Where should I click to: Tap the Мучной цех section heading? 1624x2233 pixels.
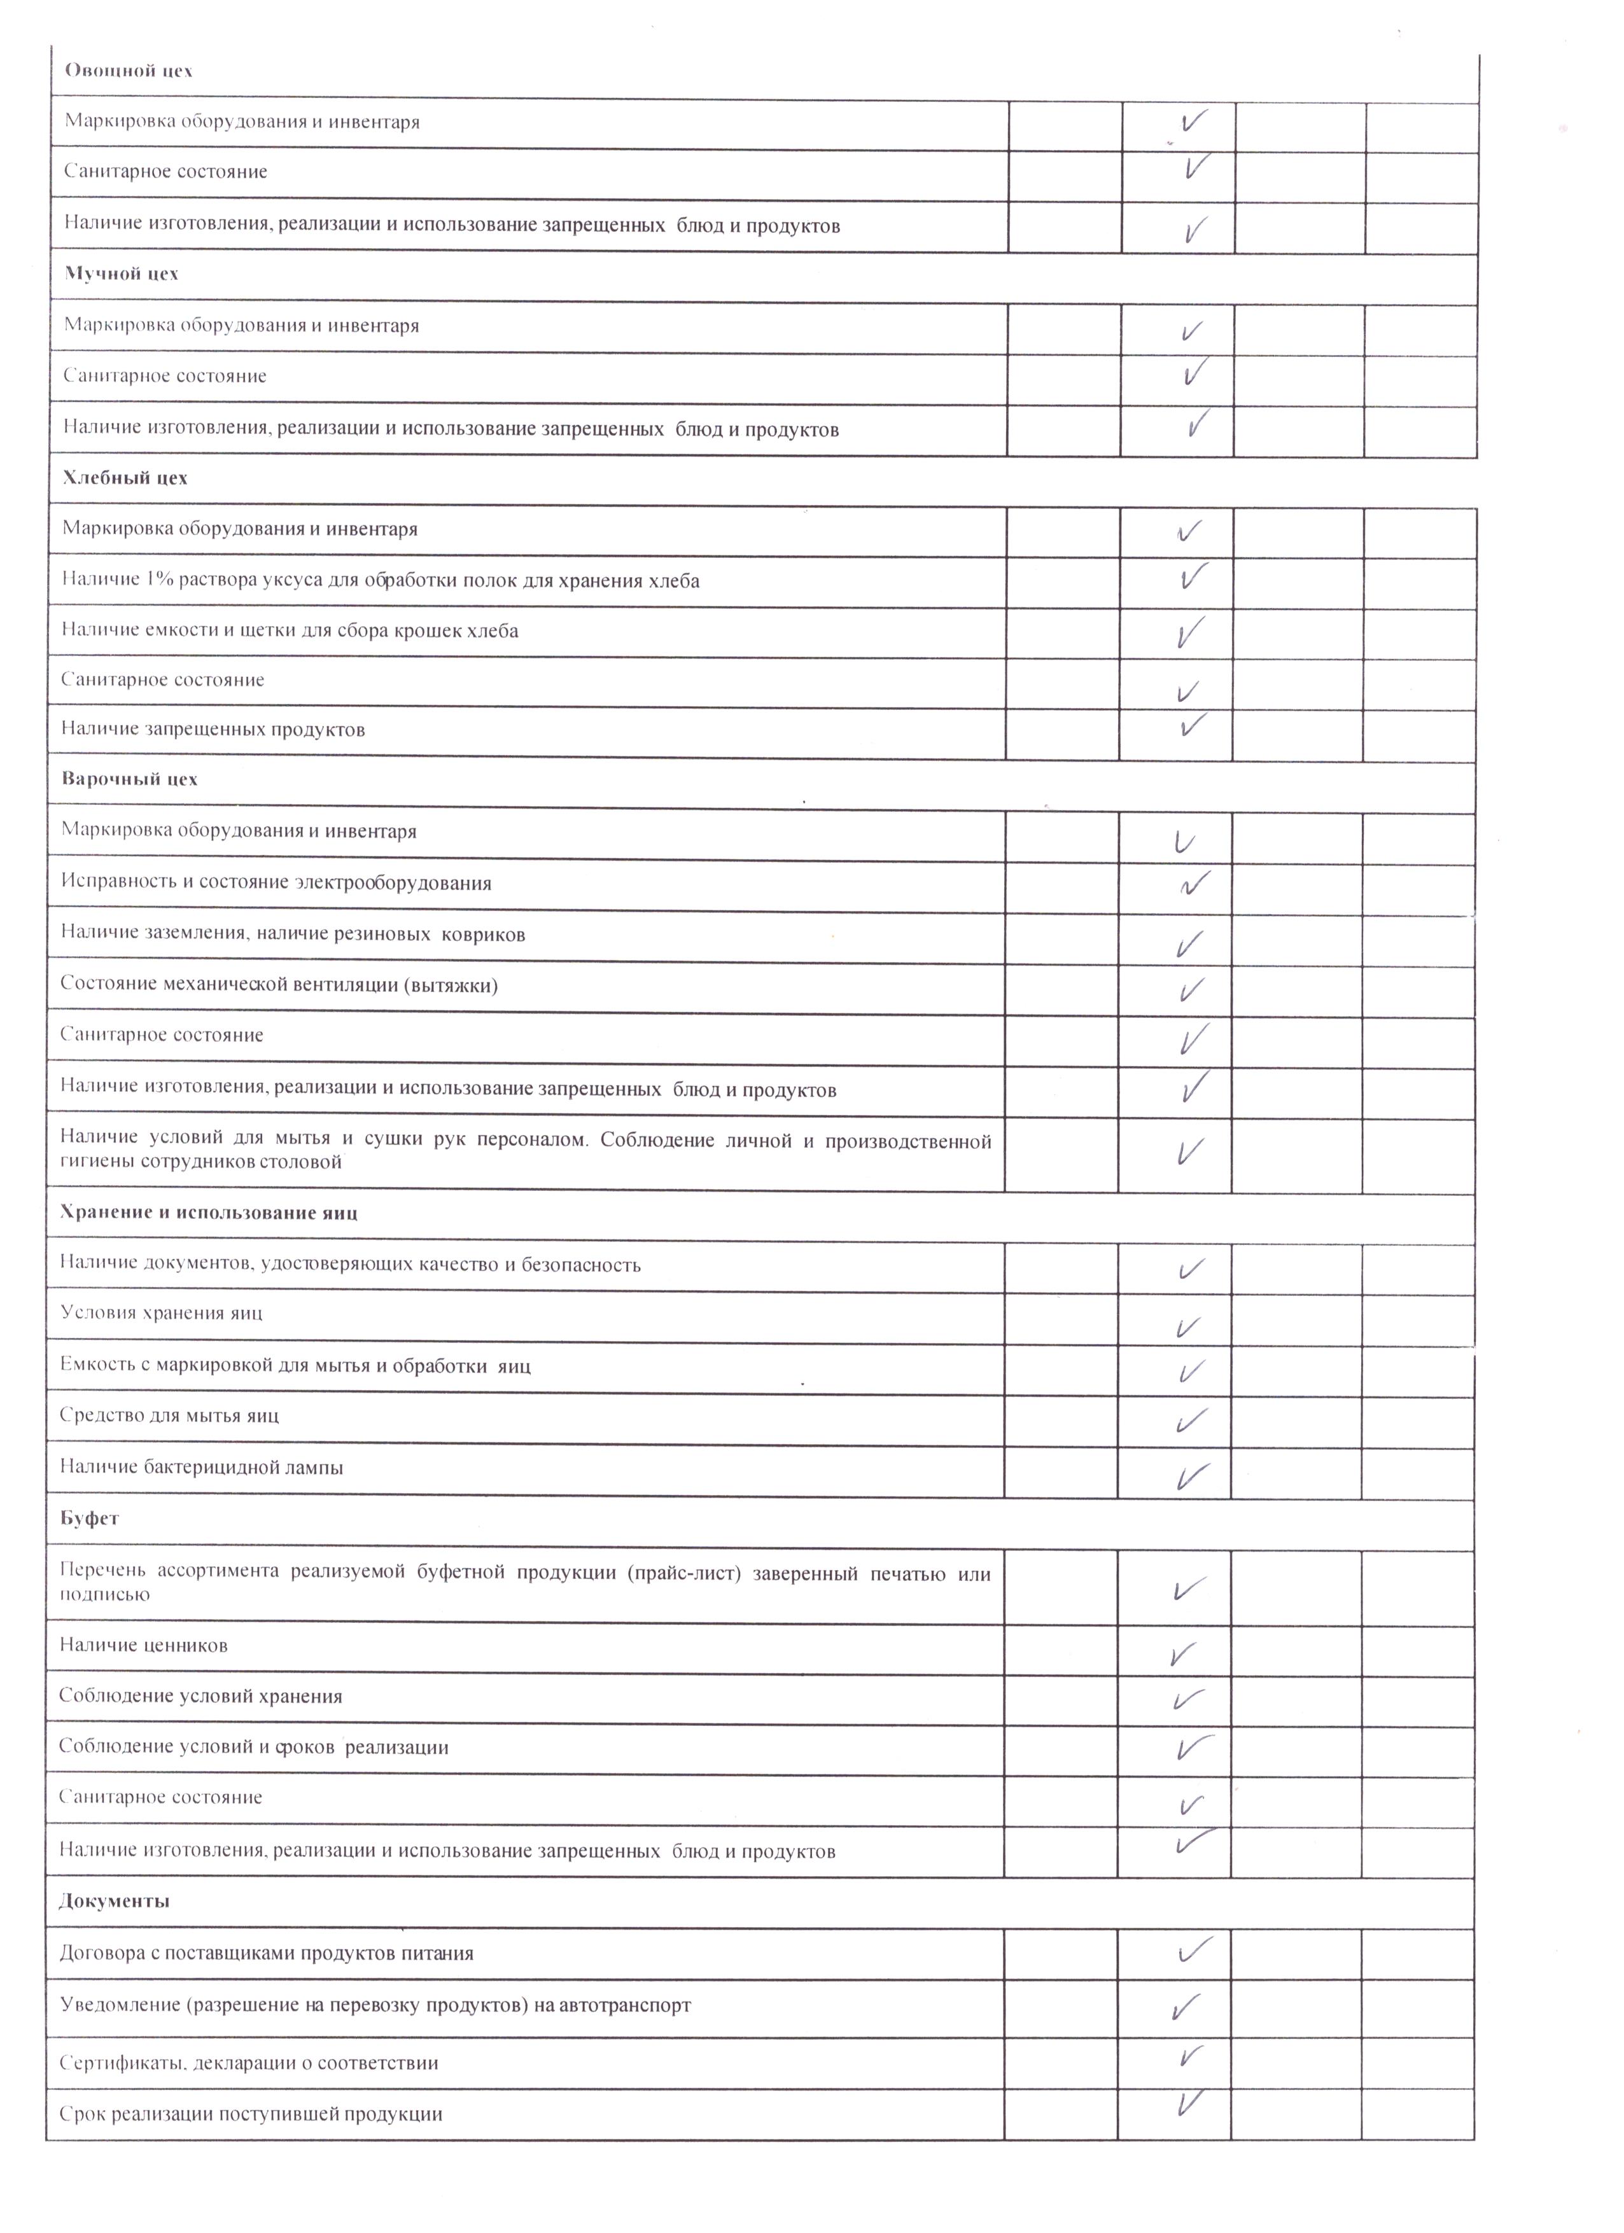point(121,274)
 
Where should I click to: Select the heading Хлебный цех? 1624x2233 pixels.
point(125,478)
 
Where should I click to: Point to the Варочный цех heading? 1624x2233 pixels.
point(129,779)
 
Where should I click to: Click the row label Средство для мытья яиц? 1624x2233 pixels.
point(169,1416)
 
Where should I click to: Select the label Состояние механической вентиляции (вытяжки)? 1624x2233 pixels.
point(279,985)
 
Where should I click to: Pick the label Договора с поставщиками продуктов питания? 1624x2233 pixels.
point(266,1953)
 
